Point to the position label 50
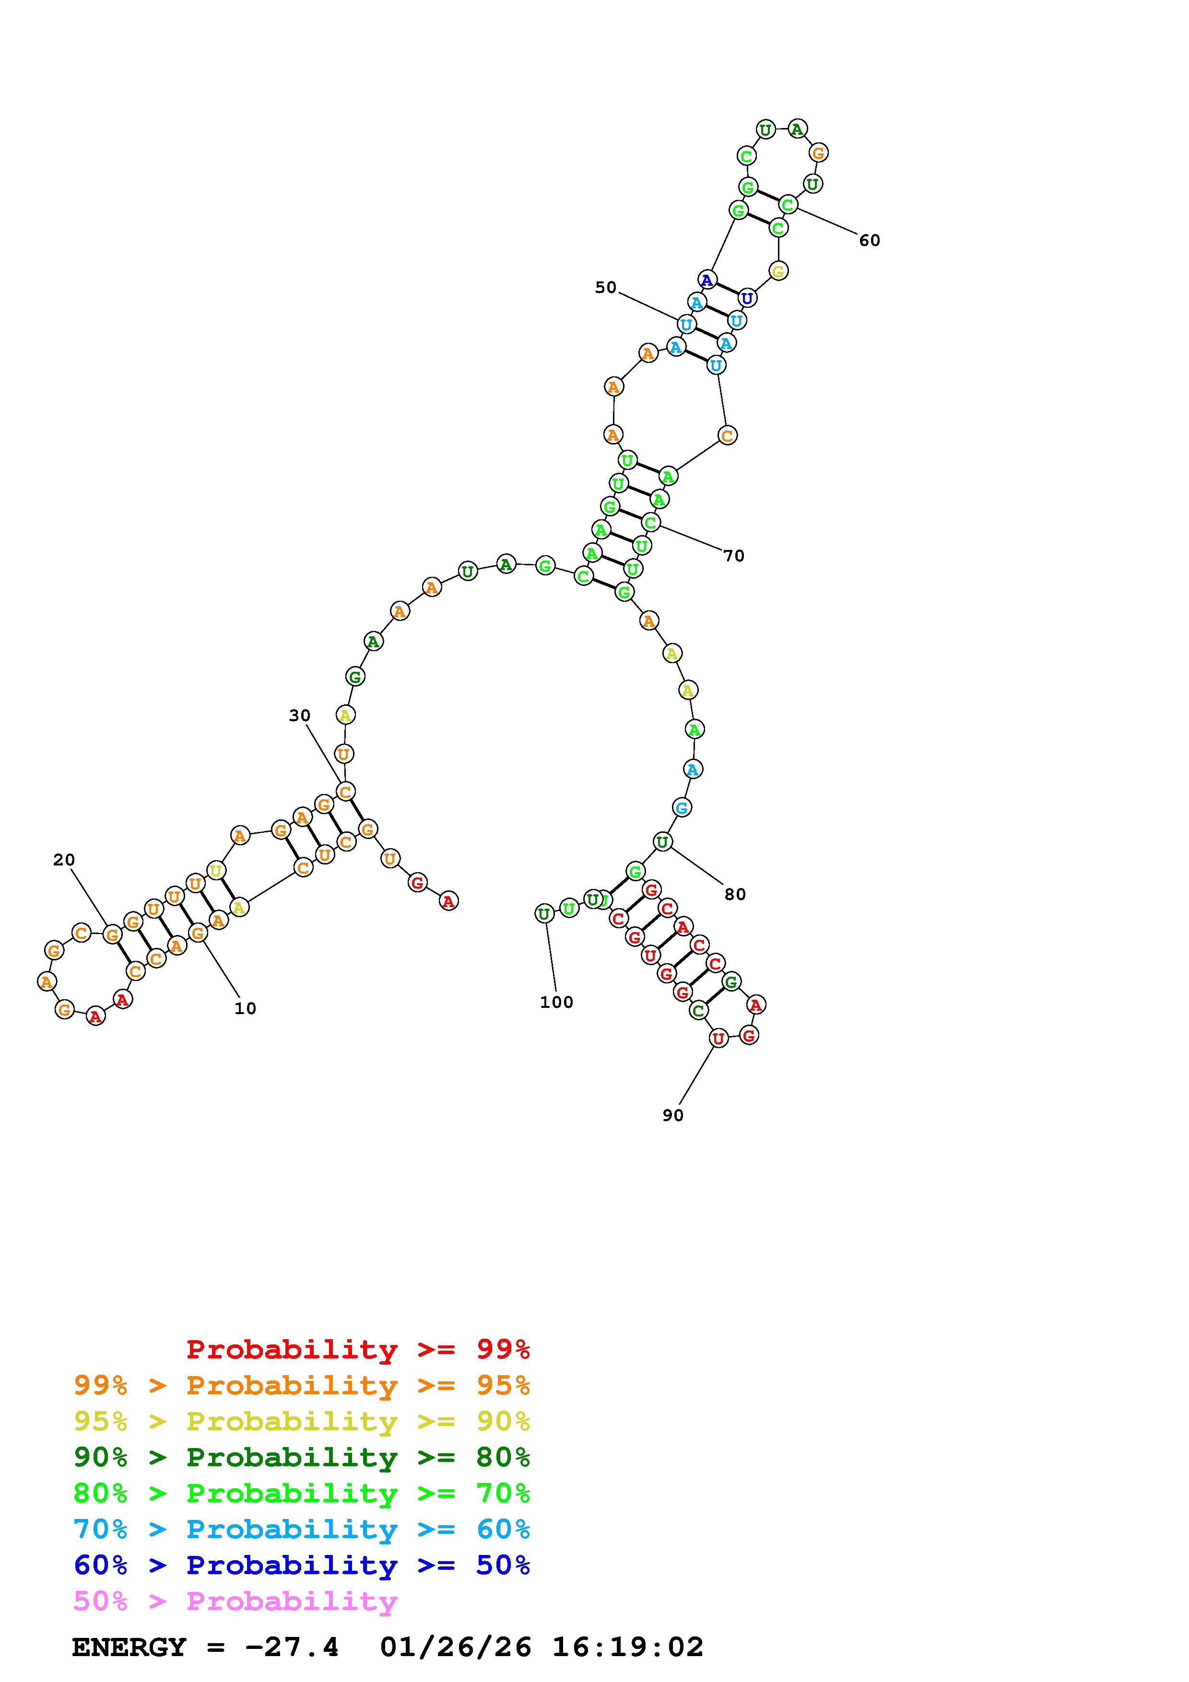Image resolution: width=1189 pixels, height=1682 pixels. tap(606, 288)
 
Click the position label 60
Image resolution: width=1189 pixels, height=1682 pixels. tap(870, 240)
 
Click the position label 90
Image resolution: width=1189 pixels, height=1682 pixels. tap(672, 1115)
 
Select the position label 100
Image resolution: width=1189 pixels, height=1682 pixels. tap(557, 1002)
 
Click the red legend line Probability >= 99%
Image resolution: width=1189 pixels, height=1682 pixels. tap(358, 1349)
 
